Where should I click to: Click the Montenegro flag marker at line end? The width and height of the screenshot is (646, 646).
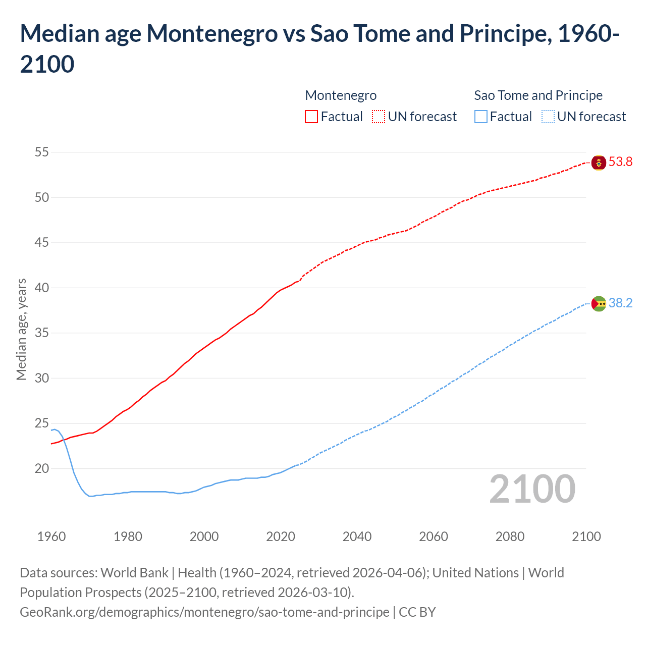(x=599, y=163)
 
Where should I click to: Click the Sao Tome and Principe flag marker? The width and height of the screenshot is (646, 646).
(x=599, y=304)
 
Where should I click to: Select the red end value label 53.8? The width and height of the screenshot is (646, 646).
(x=620, y=162)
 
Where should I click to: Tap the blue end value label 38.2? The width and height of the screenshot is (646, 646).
(x=620, y=303)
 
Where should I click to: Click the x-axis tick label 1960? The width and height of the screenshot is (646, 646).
(x=51, y=536)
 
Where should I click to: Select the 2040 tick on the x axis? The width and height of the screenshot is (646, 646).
(x=357, y=536)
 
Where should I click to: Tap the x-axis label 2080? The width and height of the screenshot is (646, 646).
(x=510, y=536)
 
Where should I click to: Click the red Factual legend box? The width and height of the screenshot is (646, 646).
(x=311, y=117)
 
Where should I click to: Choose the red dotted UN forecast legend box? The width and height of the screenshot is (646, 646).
(x=379, y=117)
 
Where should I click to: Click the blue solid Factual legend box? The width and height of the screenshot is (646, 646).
(x=481, y=117)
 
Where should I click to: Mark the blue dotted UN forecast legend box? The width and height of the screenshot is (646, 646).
(x=548, y=117)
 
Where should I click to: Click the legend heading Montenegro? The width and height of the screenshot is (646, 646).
(x=341, y=95)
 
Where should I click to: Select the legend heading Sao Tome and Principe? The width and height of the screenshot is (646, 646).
(x=538, y=95)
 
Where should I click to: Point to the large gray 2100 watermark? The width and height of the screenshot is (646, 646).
(x=532, y=489)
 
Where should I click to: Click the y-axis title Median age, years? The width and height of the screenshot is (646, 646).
(x=21, y=329)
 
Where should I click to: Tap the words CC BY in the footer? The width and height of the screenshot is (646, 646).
(x=417, y=612)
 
